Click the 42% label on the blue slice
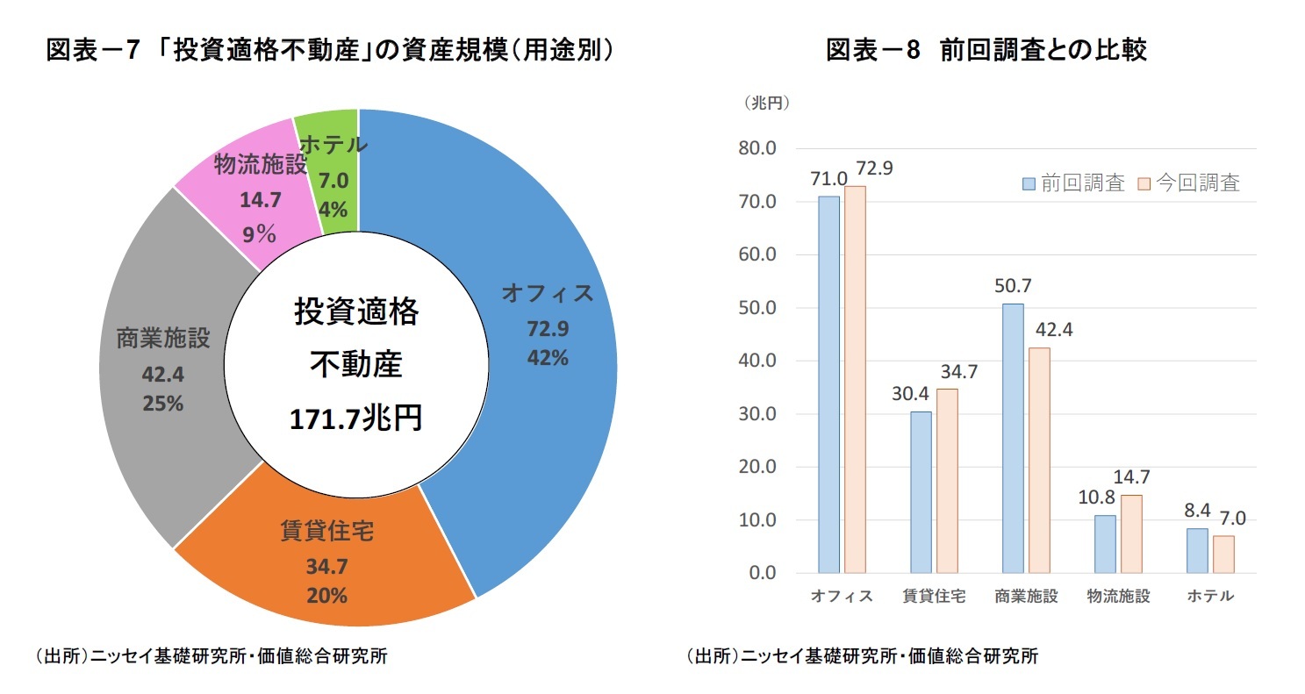coord(548,358)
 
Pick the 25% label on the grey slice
coord(163,404)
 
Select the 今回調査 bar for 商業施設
coord(1039,460)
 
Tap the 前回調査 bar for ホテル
coord(1197,550)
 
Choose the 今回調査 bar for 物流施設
coord(1131,533)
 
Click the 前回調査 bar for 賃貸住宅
coord(921,491)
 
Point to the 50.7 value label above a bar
coord(1013,287)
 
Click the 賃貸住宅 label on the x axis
coord(934,597)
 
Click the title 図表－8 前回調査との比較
coord(986,51)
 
